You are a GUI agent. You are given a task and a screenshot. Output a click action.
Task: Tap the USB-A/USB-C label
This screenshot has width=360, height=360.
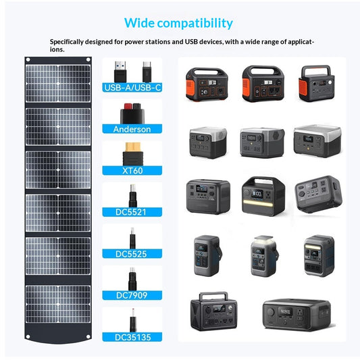pyautogui.click(x=132, y=88)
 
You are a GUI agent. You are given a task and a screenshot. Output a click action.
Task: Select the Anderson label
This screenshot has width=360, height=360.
pyautogui.click(x=132, y=129)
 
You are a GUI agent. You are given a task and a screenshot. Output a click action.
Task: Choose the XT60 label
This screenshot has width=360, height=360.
pyautogui.click(x=132, y=171)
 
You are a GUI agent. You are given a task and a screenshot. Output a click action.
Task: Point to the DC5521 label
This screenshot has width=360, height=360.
pyautogui.click(x=130, y=212)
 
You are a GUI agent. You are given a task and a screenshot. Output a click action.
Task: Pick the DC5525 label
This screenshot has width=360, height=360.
pyautogui.click(x=131, y=254)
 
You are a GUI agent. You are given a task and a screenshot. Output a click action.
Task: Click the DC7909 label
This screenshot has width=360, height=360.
pyautogui.click(x=132, y=295)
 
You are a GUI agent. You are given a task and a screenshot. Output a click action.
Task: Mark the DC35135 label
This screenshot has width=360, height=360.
pyautogui.click(x=132, y=337)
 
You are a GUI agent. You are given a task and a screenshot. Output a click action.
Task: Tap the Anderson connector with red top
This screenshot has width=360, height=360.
pyautogui.click(x=132, y=113)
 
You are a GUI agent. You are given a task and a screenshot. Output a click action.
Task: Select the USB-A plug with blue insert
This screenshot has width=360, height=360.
pyautogui.click(x=120, y=72)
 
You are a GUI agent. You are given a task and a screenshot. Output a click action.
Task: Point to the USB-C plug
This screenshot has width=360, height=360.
pyautogui.click(x=147, y=72)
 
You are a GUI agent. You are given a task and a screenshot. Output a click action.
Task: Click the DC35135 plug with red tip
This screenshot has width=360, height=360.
pyautogui.click(x=133, y=321)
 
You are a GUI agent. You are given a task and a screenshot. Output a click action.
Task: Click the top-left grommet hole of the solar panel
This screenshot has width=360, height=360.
pyautogui.click(x=28, y=59)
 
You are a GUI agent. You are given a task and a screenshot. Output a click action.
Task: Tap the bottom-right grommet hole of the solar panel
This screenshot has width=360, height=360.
pyautogui.click(x=88, y=337)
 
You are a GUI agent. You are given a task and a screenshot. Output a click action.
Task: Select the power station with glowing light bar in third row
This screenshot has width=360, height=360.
pyautogui.click(x=263, y=197)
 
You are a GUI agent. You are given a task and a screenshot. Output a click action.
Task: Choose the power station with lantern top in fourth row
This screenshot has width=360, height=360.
pyautogui.click(x=265, y=256)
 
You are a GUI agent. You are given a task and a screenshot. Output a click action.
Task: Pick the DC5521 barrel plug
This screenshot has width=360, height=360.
pyautogui.click(x=132, y=196)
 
